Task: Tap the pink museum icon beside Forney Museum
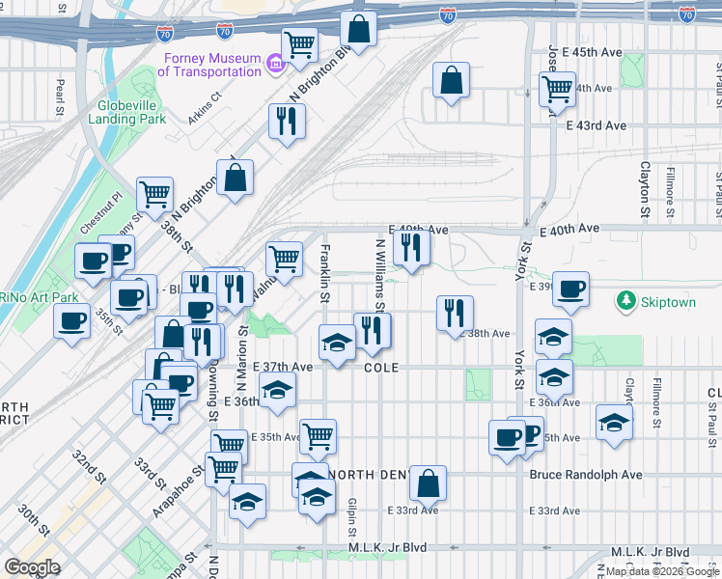275,65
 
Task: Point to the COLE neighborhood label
381,368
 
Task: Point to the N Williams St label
379,275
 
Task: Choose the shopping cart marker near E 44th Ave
556,89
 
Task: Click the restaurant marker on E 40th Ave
411,247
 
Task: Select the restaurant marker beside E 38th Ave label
454,313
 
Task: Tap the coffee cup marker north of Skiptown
570,289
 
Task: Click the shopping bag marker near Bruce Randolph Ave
428,482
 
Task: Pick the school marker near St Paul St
614,423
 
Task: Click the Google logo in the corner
32,567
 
